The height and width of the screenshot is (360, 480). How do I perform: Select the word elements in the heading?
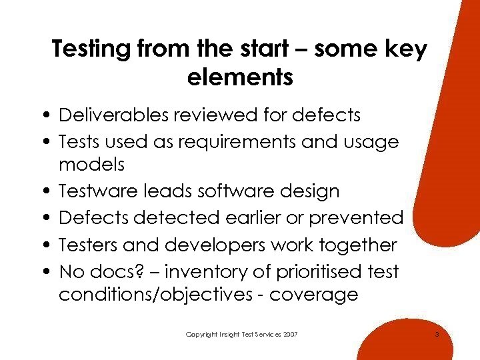(240, 78)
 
